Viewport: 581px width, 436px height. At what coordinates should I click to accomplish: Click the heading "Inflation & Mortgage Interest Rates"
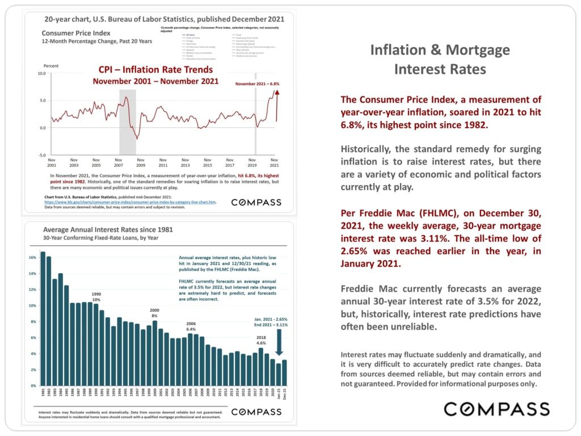(x=440, y=59)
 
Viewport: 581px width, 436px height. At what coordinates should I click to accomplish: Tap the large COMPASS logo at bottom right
(x=496, y=409)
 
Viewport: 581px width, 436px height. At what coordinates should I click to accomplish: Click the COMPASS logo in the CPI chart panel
(x=256, y=202)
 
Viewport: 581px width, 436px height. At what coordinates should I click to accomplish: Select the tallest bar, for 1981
(x=43, y=318)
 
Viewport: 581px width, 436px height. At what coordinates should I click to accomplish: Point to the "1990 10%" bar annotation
(x=96, y=296)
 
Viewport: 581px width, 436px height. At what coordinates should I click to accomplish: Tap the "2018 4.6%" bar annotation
(x=261, y=339)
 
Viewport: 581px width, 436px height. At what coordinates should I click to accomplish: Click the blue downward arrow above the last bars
(x=278, y=342)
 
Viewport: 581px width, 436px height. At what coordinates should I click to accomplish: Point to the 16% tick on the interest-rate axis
(x=32, y=258)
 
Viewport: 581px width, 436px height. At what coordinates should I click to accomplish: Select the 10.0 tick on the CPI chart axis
(x=41, y=74)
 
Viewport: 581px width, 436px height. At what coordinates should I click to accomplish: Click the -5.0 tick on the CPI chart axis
(x=41, y=155)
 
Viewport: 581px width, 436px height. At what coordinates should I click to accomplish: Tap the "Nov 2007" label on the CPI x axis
(x=118, y=162)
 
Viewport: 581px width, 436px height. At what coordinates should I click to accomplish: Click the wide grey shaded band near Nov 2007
(x=127, y=114)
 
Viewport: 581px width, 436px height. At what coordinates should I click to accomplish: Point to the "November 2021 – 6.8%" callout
(x=258, y=83)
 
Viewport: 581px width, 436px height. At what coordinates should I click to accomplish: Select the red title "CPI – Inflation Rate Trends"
(x=155, y=70)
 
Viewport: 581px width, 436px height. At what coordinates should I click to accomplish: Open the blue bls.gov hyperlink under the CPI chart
(x=130, y=202)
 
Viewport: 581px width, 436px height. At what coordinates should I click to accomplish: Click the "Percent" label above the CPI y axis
(x=51, y=66)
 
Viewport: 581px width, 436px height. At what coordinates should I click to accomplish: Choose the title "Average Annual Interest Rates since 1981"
(x=108, y=230)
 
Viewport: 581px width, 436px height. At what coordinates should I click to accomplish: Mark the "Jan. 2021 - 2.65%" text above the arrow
(x=270, y=319)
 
